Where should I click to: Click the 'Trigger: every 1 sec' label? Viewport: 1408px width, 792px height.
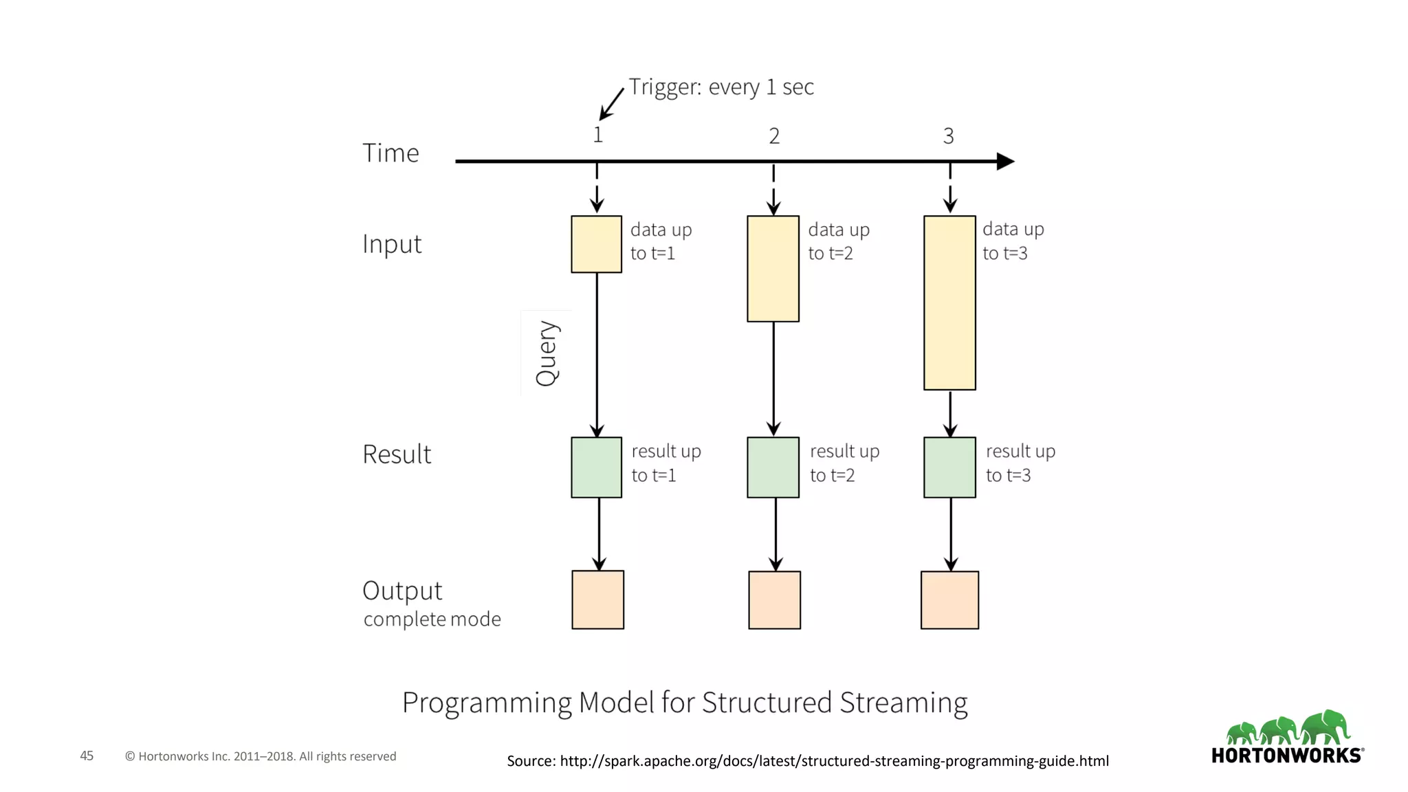[x=720, y=87]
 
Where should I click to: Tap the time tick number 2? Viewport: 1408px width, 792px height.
[x=774, y=136]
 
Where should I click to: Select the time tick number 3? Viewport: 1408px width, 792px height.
[x=948, y=136]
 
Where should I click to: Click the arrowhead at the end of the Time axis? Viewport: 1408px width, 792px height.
[x=1005, y=162]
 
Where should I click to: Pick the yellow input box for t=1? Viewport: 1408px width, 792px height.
[x=596, y=244]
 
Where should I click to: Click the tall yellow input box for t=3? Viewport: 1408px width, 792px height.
[x=949, y=302]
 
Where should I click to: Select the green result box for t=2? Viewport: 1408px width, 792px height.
[x=773, y=467]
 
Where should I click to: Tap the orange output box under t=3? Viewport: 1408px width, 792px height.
[x=949, y=599]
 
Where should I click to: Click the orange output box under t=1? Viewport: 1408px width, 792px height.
[x=597, y=599]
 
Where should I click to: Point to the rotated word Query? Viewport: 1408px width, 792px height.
[x=547, y=353]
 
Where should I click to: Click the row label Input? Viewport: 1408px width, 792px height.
[x=392, y=245]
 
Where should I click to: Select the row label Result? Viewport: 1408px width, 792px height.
[x=397, y=454]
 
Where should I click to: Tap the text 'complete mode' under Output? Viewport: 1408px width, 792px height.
[x=432, y=619]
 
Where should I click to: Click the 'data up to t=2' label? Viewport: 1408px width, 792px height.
[x=838, y=241]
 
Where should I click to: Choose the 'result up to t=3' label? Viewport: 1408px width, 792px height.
[x=1020, y=463]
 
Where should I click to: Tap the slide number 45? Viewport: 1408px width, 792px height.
[x=87, y=756]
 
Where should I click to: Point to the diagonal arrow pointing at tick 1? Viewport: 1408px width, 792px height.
[x=612, y=104]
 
